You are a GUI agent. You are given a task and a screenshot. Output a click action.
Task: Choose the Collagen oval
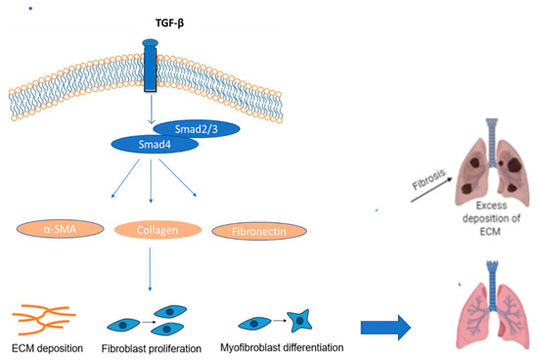pos(158,230)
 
